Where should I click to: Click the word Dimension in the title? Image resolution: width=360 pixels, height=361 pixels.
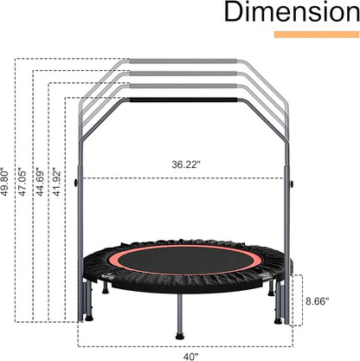click(x=292, y=12)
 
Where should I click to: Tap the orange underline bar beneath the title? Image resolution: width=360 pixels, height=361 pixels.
click(x=317, y=35)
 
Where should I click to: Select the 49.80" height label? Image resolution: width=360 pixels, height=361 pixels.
click(x=5, y=182)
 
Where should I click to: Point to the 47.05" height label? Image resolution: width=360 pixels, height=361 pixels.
click(x=22, y=182)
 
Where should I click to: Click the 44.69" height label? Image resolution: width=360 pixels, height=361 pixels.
click(x=41, y=182)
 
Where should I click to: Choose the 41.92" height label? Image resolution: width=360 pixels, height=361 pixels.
click(x=57, y=182)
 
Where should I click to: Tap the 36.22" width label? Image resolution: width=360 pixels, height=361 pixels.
click(x=186, y=164)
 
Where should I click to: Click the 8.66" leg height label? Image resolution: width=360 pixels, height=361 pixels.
click(x=318, y=301)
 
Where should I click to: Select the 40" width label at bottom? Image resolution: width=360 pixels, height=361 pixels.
click(x=190, y=357)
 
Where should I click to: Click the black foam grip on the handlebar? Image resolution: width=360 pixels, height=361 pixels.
click(x=183, y=100)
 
